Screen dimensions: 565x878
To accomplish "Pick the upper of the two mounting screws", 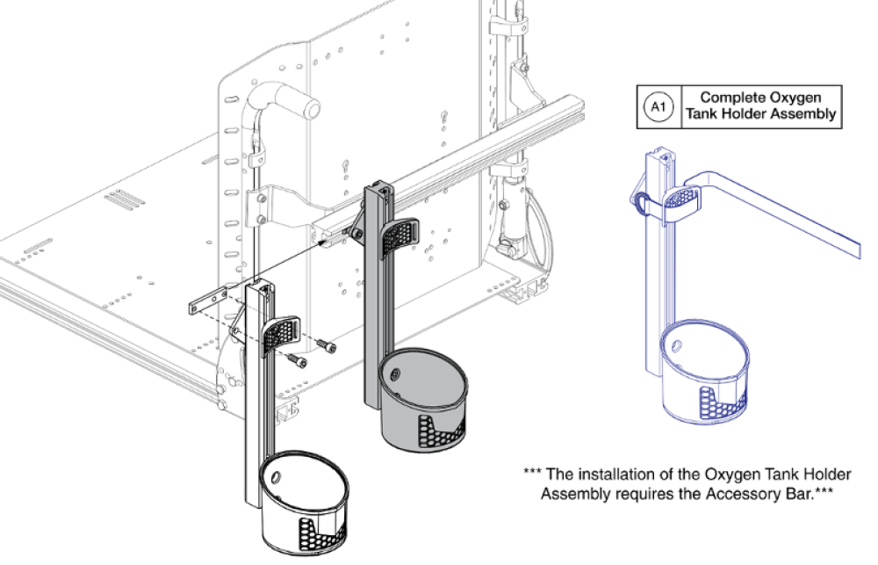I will (x=327, y=348).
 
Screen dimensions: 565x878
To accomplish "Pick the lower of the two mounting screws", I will (x=299, y=361).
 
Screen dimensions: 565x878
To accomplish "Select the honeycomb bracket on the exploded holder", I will (x=286, y=333).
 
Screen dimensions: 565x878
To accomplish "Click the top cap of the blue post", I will (x=661, y=156).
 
